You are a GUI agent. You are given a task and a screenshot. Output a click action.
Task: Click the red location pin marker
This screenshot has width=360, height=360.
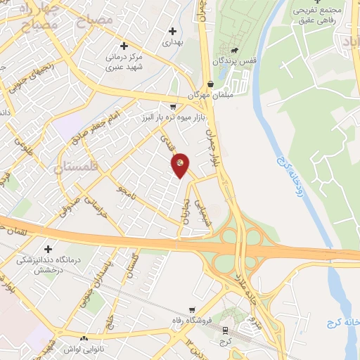pyautogui.click(x=181, y=164)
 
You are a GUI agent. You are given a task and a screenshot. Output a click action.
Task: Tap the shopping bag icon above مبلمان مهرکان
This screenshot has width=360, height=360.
pyautogui.click(x=210, y=83)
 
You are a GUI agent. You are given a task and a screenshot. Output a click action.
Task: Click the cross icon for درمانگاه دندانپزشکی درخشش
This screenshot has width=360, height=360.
pyautogui.click(x=48, y=249)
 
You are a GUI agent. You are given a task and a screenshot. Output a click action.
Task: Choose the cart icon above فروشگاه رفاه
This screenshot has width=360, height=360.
pyautogui.click(x=192, y=310)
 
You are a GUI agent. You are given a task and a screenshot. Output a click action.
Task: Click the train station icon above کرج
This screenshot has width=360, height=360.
pyautogui.click(x=225, y=329)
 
